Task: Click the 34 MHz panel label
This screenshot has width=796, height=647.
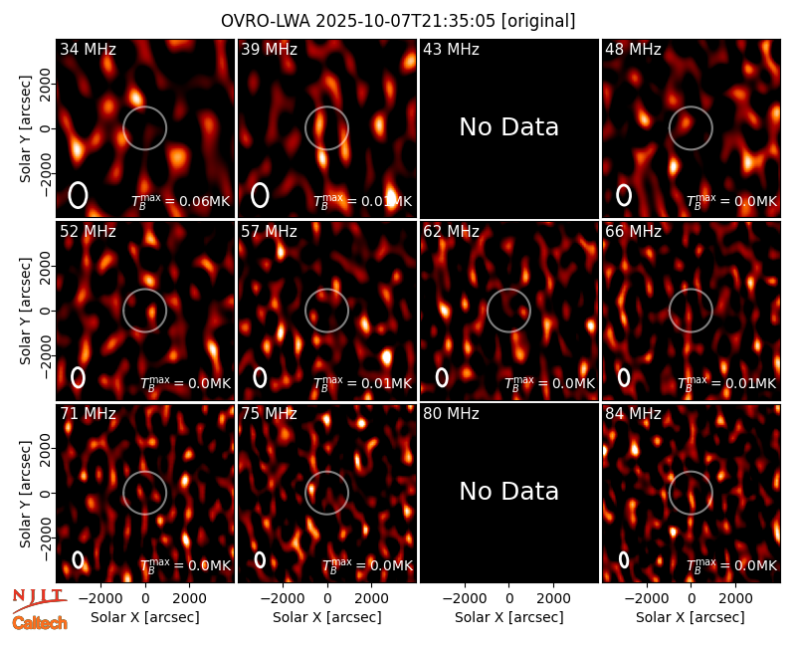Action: (x=88, y=49)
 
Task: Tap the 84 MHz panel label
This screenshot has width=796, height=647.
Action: (x=633, y=414)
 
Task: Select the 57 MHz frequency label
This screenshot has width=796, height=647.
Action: (x=269, y=232)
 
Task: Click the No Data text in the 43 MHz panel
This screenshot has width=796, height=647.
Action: (x=509, y=127)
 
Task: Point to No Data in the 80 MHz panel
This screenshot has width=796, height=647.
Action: (x=509, y=491)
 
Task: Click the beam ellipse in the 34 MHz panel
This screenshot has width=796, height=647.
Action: (x=79, y=195)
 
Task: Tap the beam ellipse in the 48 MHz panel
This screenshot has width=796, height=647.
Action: (x=624, y=195)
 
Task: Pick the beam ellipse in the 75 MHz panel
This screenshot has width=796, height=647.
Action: (x=260, y=559)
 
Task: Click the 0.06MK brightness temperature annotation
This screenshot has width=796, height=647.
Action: (x=181, y=201)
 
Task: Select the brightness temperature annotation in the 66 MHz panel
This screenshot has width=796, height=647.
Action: (x=727, y=383)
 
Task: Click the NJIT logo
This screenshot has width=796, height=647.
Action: (x=39, y=600)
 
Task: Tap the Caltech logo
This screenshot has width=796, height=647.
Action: (x=40, y=623)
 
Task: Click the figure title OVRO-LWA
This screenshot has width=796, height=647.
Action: (x=266, y=21)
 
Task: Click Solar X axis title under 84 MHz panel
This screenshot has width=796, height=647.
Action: (x=691, y=617)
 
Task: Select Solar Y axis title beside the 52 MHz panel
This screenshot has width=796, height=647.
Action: (x=25, y=311)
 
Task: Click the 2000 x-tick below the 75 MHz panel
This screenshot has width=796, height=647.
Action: (x=371, y=599)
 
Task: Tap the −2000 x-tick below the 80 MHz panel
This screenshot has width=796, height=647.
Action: (x=465, y=599)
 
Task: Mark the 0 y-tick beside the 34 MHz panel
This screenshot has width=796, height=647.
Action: (x=47, y=128)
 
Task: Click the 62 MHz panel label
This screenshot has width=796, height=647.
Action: (x=452, y=232)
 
